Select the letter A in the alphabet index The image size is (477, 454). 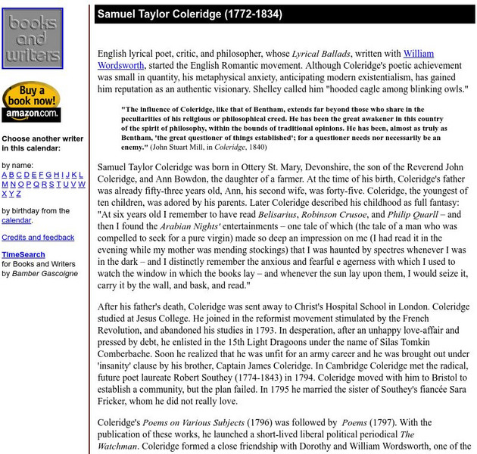click(x=5, y=174)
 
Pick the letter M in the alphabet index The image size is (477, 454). click(x=5, y=184)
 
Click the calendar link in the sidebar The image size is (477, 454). click(x=16, y=220)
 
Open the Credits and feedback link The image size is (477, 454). click(x=38, y=238)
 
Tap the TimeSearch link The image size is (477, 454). click(x=23, y=255)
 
